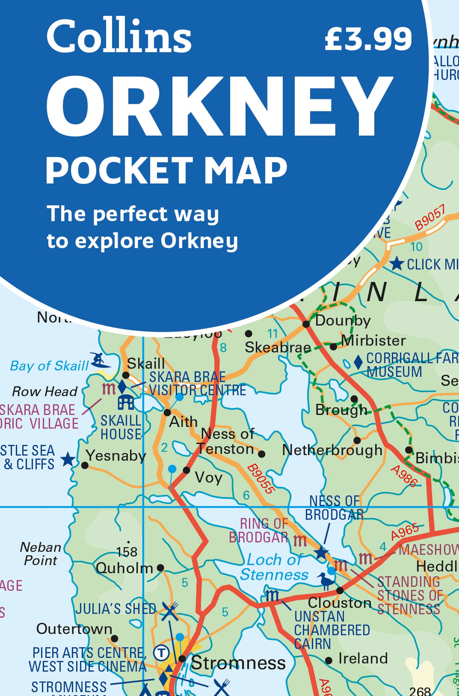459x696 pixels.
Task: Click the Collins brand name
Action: pyautogui.click(x=119, y=38)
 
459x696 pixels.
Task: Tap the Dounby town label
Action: pyautogui.click(x=342, y=321)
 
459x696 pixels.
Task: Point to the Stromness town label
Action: pyautogui.click(x=238, y=663)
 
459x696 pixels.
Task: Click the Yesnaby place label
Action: pyautogui.click(x=116, y=456)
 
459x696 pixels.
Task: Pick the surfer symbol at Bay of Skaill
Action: pyautogui.click(x=101, y=361)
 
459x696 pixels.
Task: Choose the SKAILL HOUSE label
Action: pyautogui.click(x=121, y=428)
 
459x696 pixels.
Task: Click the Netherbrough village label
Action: pyautogui.click(x=332, y=450)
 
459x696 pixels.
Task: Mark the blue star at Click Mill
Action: pyautogui.click(x=397, y=264)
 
